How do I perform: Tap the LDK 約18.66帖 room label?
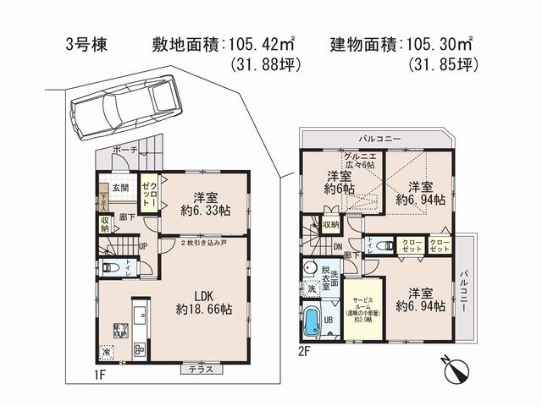coord(199,303)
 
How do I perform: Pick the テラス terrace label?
coord(202,369)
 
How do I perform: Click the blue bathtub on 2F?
coord(311,322)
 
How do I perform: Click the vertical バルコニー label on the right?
coord(465,292)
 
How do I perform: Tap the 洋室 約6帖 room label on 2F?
coord(339,182)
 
